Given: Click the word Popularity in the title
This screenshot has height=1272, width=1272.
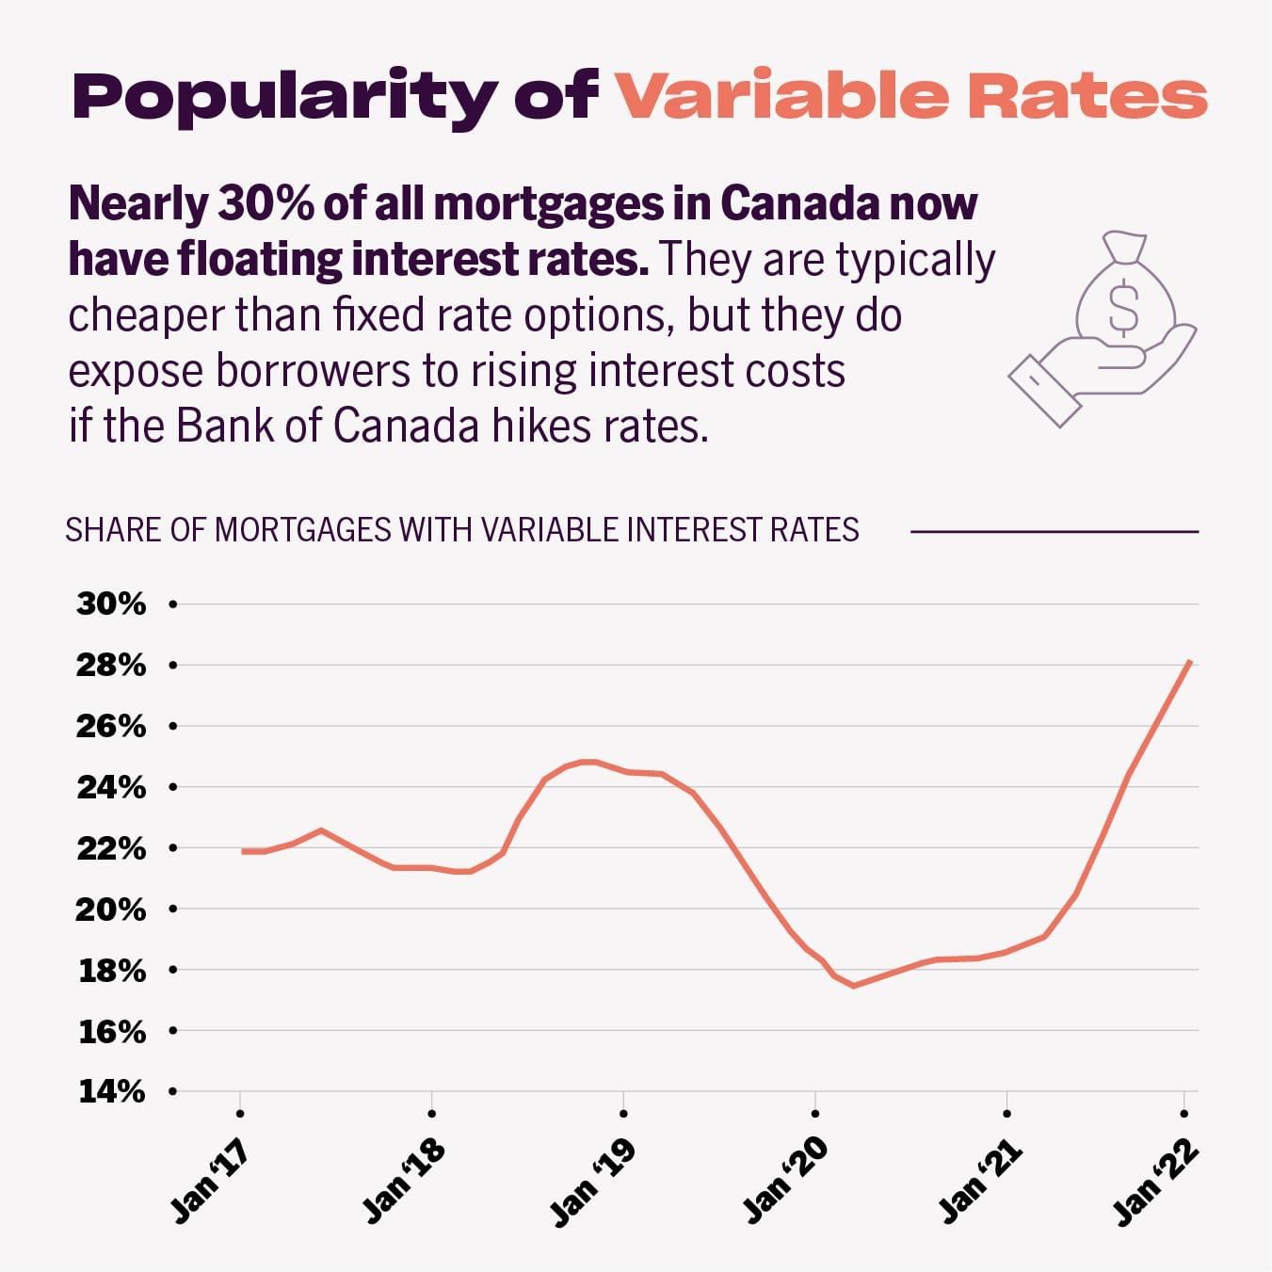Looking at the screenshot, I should [284, 97].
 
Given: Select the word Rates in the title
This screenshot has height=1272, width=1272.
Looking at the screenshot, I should [1087, 96].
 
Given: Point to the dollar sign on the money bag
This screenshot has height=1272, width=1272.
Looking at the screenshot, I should [1123, 307].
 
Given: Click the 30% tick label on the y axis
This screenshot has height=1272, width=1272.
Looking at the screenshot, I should [111, 604].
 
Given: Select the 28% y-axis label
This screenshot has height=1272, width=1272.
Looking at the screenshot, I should [111, 666].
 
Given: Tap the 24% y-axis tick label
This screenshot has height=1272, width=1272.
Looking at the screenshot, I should [111, 787].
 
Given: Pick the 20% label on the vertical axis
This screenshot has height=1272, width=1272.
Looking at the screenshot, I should [111, 910].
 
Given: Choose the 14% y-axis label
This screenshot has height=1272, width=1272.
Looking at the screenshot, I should [111, 1092].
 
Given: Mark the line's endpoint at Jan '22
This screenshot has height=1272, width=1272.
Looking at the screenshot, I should [1191, 662].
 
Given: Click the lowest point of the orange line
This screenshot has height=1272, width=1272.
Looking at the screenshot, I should [853, 986].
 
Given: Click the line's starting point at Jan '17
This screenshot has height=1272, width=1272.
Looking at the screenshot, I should [243, 851].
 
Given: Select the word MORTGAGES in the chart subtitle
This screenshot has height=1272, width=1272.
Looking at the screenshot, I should [302, 530].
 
